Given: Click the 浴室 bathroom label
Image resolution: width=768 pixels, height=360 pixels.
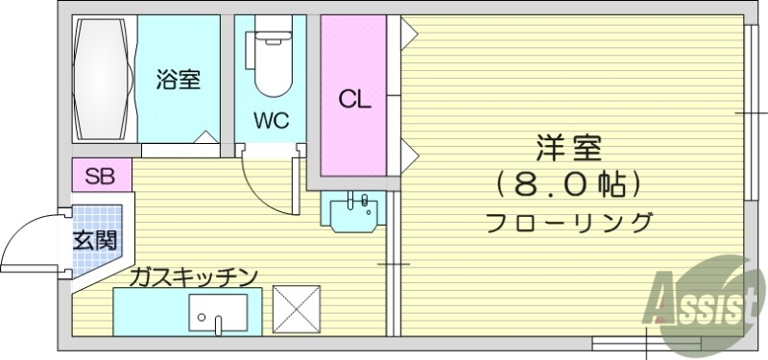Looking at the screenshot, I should click(179, 81).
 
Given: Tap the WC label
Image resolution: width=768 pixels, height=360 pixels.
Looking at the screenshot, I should click(272, 120).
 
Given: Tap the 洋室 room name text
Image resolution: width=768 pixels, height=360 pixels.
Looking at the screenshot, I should click(568, 150).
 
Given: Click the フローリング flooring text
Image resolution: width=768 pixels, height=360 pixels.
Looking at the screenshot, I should click(568, 222).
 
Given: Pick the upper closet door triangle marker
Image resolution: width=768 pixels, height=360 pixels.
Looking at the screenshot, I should click(407, 35).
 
